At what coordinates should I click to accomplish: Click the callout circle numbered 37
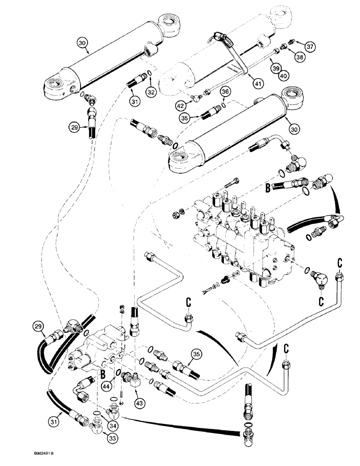tap(310, 46)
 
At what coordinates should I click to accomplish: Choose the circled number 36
tap(225, 92)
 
